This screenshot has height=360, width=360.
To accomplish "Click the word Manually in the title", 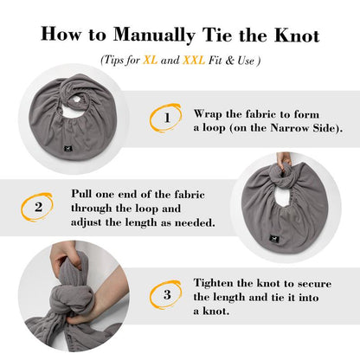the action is [154, 35].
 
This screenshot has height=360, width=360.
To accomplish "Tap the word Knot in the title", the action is [297, 35].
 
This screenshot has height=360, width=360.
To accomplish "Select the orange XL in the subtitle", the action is [151, 60].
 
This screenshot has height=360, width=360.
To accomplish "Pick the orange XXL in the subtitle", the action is [194, 60].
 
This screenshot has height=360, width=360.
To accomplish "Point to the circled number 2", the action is [37, 207].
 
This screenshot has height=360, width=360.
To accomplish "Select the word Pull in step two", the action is [81, 193].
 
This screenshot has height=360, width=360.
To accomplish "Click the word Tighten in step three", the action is [213, 283].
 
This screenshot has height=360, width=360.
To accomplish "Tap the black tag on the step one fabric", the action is [68, 149].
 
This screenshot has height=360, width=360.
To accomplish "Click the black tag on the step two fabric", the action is [274, 239].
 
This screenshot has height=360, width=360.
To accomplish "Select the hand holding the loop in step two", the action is [284, 160].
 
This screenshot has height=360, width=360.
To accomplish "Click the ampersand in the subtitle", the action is [229, 60].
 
